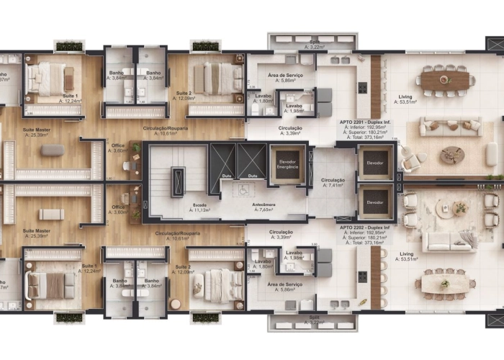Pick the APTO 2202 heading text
364,227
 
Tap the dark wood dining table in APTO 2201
445,79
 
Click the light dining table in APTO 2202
444,283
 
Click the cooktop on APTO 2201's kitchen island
362,88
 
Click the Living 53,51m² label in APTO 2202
407,254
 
